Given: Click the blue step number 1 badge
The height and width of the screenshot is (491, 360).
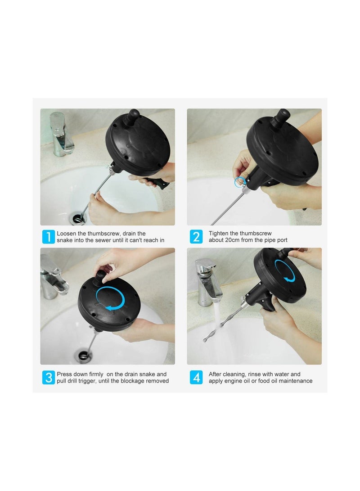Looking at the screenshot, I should click(48, 237).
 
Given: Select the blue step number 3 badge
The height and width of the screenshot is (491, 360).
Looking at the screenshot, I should click(48, 377).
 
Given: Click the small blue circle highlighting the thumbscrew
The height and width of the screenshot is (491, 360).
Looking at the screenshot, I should click(239, 182).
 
